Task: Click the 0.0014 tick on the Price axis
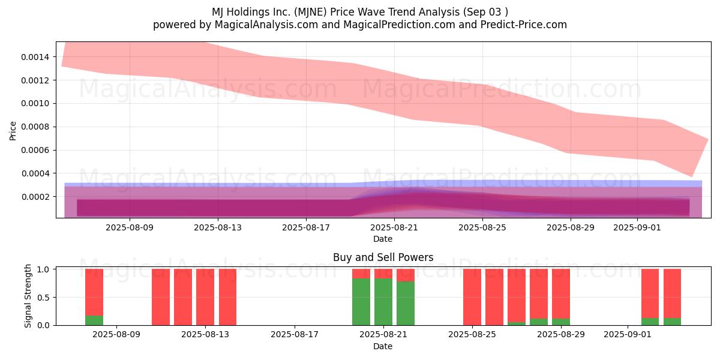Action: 35,57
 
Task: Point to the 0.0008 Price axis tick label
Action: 35,127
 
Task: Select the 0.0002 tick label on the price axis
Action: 35,197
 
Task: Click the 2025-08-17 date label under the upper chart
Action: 306,227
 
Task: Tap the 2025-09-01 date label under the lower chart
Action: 628,335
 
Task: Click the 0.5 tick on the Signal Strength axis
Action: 43,298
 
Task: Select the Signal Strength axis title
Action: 28,296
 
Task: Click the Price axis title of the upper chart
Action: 13,131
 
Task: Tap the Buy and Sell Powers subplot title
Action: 383,257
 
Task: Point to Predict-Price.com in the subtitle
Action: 524,25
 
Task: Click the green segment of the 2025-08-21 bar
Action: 383,302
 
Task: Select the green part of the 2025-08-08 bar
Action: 94,320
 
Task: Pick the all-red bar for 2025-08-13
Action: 205,297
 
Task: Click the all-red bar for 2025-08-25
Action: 472,297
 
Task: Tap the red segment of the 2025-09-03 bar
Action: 672,293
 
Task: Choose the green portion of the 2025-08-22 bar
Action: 406,304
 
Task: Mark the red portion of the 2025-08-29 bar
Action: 561,294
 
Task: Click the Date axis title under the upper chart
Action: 383,239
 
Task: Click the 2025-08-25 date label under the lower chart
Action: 472,335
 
